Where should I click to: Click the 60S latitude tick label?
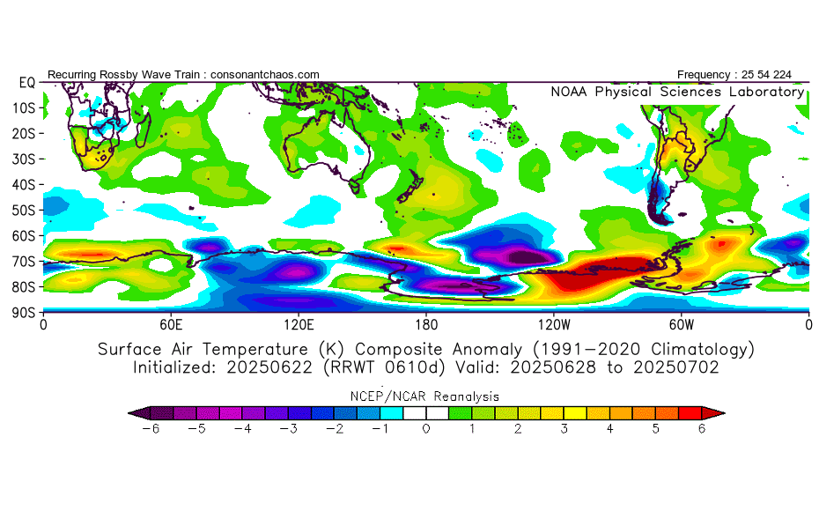click(25, 236)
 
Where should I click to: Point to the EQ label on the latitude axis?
click(26, 83)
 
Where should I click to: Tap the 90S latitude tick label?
click(25, 313)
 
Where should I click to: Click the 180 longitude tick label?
click(426, 324)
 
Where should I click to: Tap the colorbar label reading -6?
click(149, 429)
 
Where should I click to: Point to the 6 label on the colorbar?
click(702, 429)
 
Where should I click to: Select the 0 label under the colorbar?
click(425, 429)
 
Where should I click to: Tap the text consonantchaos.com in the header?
click(265, 75)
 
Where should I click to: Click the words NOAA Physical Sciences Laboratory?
click(676, 92)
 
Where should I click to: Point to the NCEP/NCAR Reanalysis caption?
click(425, 396)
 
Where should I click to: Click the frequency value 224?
click(781, 75)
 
